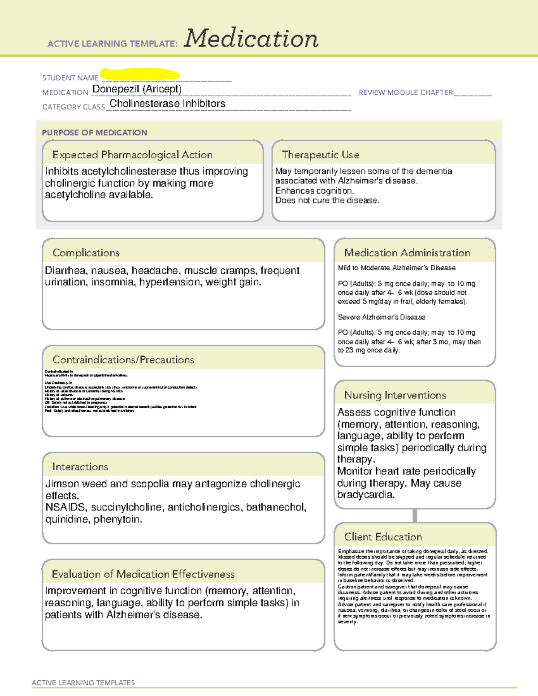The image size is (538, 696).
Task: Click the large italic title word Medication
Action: point(251,39)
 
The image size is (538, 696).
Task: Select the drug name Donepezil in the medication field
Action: point(116,89)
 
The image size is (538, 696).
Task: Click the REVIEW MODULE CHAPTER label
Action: point(406,92)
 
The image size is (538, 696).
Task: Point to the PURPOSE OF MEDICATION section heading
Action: point(95,133)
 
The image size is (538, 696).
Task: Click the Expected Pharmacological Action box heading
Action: point(132,155)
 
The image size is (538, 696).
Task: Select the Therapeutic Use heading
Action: point(321,155)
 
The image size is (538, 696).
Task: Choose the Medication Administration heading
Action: point(407,253)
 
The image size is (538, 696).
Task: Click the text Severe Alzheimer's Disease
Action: point(382,317)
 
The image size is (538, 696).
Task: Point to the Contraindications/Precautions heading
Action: point(123,360)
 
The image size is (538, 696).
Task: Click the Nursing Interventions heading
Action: point(395,395)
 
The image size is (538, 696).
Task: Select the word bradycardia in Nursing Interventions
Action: point(365,495)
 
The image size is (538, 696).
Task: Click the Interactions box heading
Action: point(80,467)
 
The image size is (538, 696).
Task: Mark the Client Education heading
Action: point(383,537)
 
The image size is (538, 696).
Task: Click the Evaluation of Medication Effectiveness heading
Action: point(143,574)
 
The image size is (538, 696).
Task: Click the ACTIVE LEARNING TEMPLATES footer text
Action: point(83,683)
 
